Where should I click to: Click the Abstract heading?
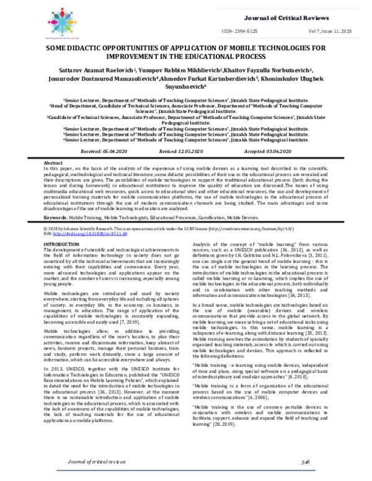54,163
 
